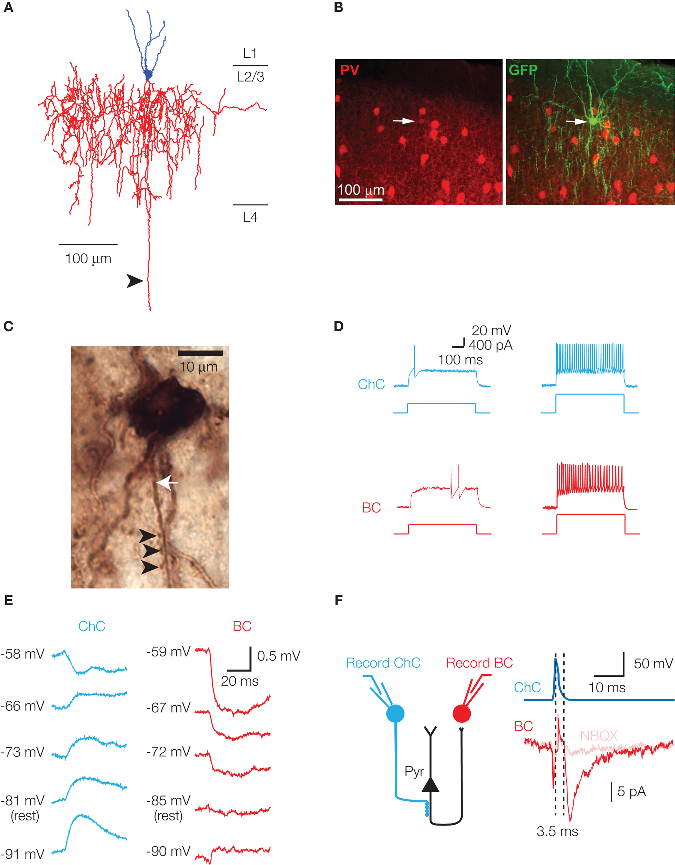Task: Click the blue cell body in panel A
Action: click(148, 74)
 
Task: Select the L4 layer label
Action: click(250, 217)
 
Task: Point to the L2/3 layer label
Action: click(250, 77)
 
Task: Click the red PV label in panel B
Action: click(349, 71)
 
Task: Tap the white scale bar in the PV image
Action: click(360, 200)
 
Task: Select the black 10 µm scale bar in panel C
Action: click(200, 353)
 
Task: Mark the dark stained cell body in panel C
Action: click(168, 408)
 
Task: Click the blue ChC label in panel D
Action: click(371, 384)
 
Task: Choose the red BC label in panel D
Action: click(371, 507)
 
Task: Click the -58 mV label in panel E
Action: click(22, 654)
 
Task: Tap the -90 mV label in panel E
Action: click(169, 851)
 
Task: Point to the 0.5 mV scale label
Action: click(279, 656)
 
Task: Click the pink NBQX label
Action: click(599, 736)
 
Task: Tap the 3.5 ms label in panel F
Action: click(557, 831)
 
